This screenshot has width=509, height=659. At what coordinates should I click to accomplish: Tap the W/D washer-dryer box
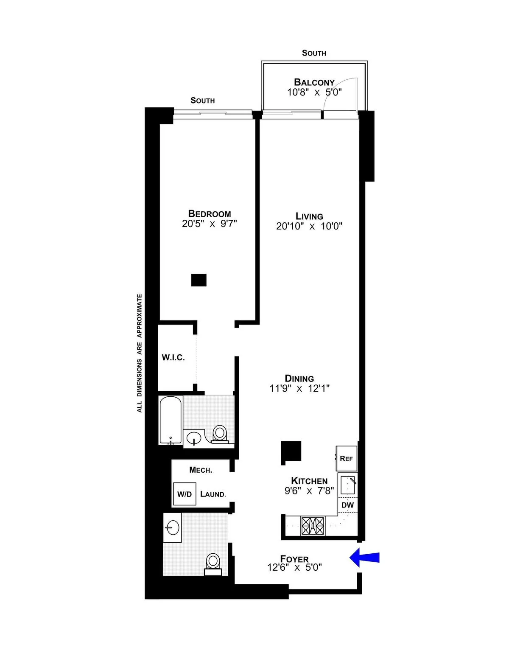[x=185, y=494]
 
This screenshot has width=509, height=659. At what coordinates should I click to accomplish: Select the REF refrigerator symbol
[x=347, y=458]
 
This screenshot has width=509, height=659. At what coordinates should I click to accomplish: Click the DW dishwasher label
[x=347, y=505]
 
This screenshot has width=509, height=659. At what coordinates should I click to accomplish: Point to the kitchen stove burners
[x=313, y=526]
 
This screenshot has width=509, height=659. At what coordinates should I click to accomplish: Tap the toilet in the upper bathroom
[x=219, y=434]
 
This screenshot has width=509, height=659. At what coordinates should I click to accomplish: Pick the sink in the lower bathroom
[x=172, y=528]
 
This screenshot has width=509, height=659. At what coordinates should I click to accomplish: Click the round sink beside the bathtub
[x=194, y=438]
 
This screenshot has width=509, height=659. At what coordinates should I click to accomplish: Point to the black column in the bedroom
[x=199, y=280]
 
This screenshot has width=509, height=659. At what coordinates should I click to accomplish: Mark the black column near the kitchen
[x=291, y=451]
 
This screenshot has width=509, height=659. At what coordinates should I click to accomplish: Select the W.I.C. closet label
[x=173, y=358]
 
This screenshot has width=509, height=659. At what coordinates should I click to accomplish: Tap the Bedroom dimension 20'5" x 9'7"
[x=210, y=224]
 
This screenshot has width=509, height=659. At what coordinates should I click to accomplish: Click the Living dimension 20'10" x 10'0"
[x=309, y=226]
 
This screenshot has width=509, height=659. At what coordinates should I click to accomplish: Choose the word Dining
[x=299, y=378]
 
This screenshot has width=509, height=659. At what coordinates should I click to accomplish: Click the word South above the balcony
[x=314, y=53]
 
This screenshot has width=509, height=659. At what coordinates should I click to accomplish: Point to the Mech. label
[x=201, y=470]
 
